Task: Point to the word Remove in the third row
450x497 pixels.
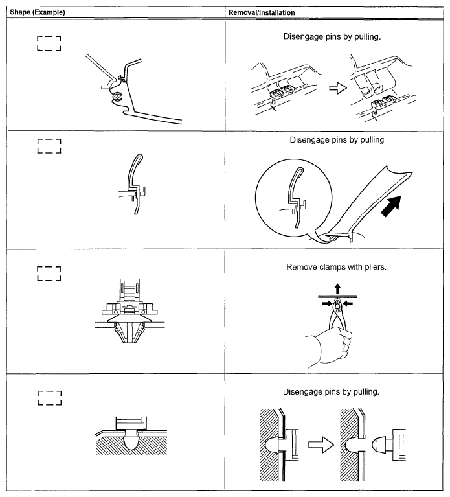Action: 302,267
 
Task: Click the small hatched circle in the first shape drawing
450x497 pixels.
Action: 117,96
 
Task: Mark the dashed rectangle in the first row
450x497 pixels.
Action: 49,44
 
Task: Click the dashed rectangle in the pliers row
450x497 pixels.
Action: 49,273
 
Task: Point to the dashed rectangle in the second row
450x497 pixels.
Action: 49,146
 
